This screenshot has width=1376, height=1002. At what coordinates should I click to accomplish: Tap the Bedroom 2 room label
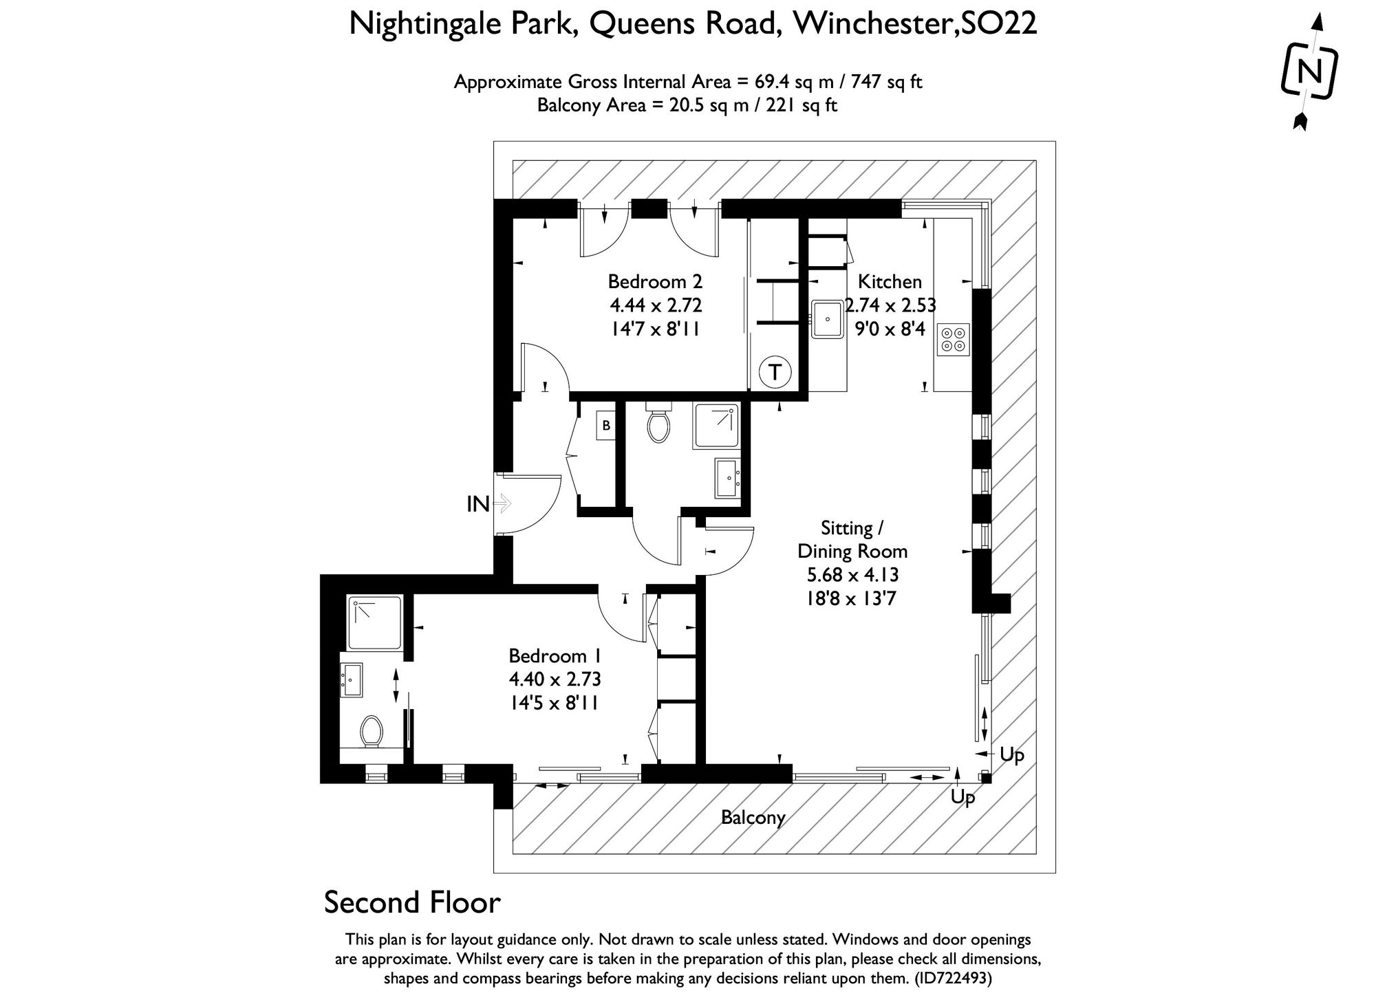point(655,282)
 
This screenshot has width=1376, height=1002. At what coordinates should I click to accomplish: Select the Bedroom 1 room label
point(555,655)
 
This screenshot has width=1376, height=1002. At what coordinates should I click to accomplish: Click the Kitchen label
point(890,282)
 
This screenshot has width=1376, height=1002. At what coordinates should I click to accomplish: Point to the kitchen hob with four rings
point(954,339)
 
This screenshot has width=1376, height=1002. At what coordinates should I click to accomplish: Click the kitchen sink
point(828,319)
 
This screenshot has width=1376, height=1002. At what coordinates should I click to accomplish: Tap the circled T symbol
point(775,373)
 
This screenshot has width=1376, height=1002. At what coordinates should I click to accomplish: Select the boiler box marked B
point(606,426)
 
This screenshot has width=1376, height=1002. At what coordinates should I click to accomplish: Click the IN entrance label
point(478,504)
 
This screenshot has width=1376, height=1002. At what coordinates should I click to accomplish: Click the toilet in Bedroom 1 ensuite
point(372,731)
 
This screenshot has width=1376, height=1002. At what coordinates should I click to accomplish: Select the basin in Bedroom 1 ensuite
point(352,680)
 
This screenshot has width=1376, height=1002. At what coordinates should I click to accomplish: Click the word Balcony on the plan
point(753,818)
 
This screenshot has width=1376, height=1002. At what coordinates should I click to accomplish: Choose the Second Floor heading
point(412,902)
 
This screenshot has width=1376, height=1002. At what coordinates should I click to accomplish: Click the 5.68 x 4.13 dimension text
point(852,575)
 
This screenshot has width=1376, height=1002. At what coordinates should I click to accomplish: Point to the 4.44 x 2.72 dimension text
point(655,305)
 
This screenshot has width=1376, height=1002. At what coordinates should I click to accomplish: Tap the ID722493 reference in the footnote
point(954,979)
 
